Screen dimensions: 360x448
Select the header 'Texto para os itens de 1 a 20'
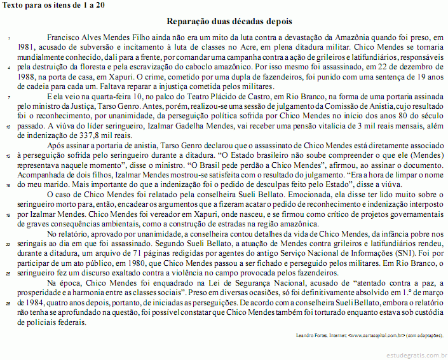click(53, 4)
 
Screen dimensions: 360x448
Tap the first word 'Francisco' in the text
click(65, 38)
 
